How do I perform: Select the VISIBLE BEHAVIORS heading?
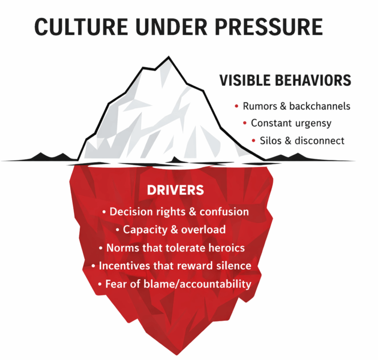click(285, 80)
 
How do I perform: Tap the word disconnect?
click(320, 141)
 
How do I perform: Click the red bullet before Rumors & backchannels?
click(236, 106)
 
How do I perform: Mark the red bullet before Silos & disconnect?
click(253, 141)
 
